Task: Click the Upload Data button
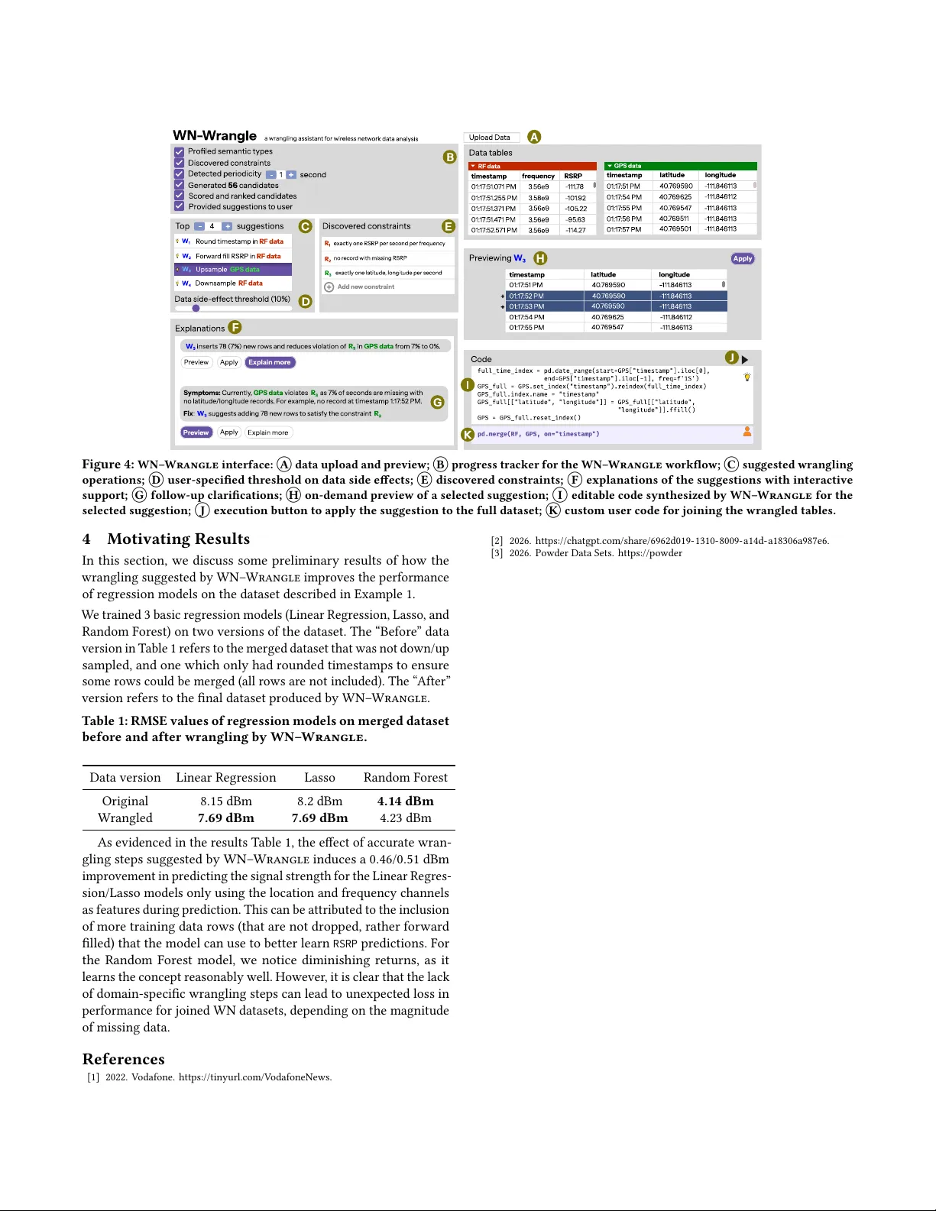pos(491,138)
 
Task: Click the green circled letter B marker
pos(450,157)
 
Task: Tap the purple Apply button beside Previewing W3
pos(742,259)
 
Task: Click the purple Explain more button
pos(270,363)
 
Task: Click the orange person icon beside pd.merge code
pos(747,432)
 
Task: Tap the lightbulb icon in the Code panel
pos(747,377)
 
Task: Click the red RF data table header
pos(532,166)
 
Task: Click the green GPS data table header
pos(680,166)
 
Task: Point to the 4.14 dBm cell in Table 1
pos(405,801)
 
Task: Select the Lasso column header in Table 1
pos(319,778)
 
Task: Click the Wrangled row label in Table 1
pos(125,818)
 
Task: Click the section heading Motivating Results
pos(178,539)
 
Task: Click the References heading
pos(124,1060)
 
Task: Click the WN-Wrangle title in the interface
pos(215,136)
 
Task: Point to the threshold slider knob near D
pos(196,309)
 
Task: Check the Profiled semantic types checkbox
pos(180,151)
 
